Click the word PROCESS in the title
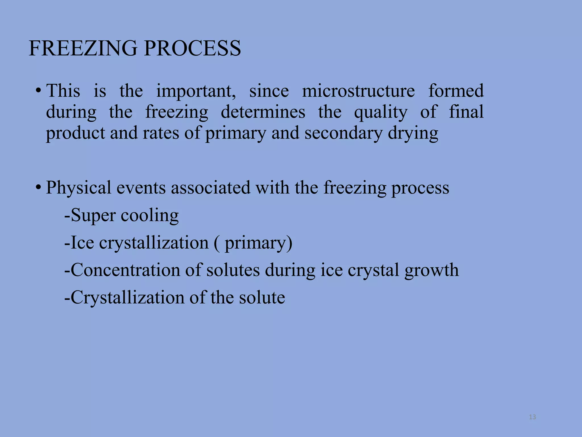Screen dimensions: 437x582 [192, 48]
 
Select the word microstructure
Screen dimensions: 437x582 [358, 91]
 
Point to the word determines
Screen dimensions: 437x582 [263, 112]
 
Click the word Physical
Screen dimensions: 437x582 [78, 188]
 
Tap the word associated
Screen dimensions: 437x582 [211, 188]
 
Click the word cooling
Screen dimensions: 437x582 [150, 216]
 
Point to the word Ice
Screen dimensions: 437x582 [82, 243]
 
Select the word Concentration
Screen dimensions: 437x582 [125, 270]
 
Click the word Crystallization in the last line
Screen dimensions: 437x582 [127, 298]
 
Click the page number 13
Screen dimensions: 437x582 [532, 417]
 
